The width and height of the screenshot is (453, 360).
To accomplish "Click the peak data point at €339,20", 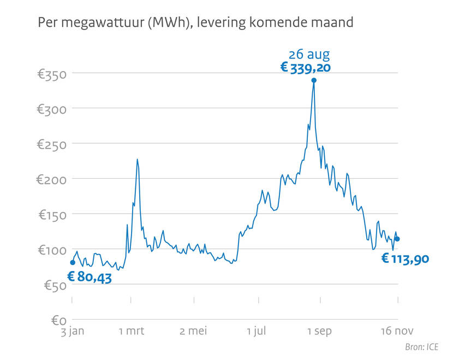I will point(314,80).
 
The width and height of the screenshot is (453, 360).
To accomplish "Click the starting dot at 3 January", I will point(73,263).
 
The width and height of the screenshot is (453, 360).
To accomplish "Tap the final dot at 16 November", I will point(397,239).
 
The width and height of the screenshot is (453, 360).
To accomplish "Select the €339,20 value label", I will point(305,68).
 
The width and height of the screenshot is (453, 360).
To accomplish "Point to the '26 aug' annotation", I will point(309,54).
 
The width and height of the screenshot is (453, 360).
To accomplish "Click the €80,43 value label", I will point(90,278).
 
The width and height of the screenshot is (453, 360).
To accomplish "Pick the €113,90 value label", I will point(404,259).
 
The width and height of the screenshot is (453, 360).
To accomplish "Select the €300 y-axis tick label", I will point(52,109).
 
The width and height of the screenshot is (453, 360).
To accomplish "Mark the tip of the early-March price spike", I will point(137,159).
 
